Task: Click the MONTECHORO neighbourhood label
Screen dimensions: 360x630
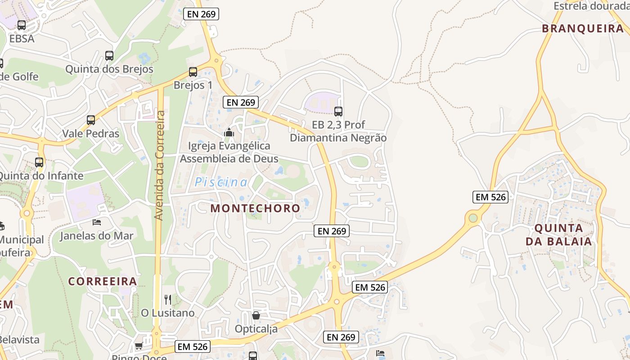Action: (255, 208)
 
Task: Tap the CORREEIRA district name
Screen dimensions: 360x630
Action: (103, 281)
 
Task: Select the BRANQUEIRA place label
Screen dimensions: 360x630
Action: (582, 29)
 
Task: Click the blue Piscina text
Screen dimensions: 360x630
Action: (221, 182)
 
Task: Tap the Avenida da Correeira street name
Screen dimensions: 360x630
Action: (159, 166)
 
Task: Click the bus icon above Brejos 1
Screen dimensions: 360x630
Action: (193, 72)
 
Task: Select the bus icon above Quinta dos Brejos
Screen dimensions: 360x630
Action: (109, 56)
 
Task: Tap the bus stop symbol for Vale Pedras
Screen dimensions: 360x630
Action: (91, 120)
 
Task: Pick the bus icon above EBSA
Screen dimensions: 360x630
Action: (22, 25)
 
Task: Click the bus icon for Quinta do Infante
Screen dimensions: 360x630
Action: (39, 162)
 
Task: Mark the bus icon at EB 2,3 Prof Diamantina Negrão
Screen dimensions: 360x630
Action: (338, 111)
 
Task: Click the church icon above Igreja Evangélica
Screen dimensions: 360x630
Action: (229, 132)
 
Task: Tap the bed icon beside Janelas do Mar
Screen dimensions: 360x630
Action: (97, 222)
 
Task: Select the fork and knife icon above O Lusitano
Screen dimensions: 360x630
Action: (168, 299)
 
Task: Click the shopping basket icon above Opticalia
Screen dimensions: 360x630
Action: (256, 315)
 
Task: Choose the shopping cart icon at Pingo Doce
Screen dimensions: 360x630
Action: (139, 346)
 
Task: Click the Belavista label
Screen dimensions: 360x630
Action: (20, 340)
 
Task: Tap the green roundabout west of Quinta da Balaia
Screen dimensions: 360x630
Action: (472, 218)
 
